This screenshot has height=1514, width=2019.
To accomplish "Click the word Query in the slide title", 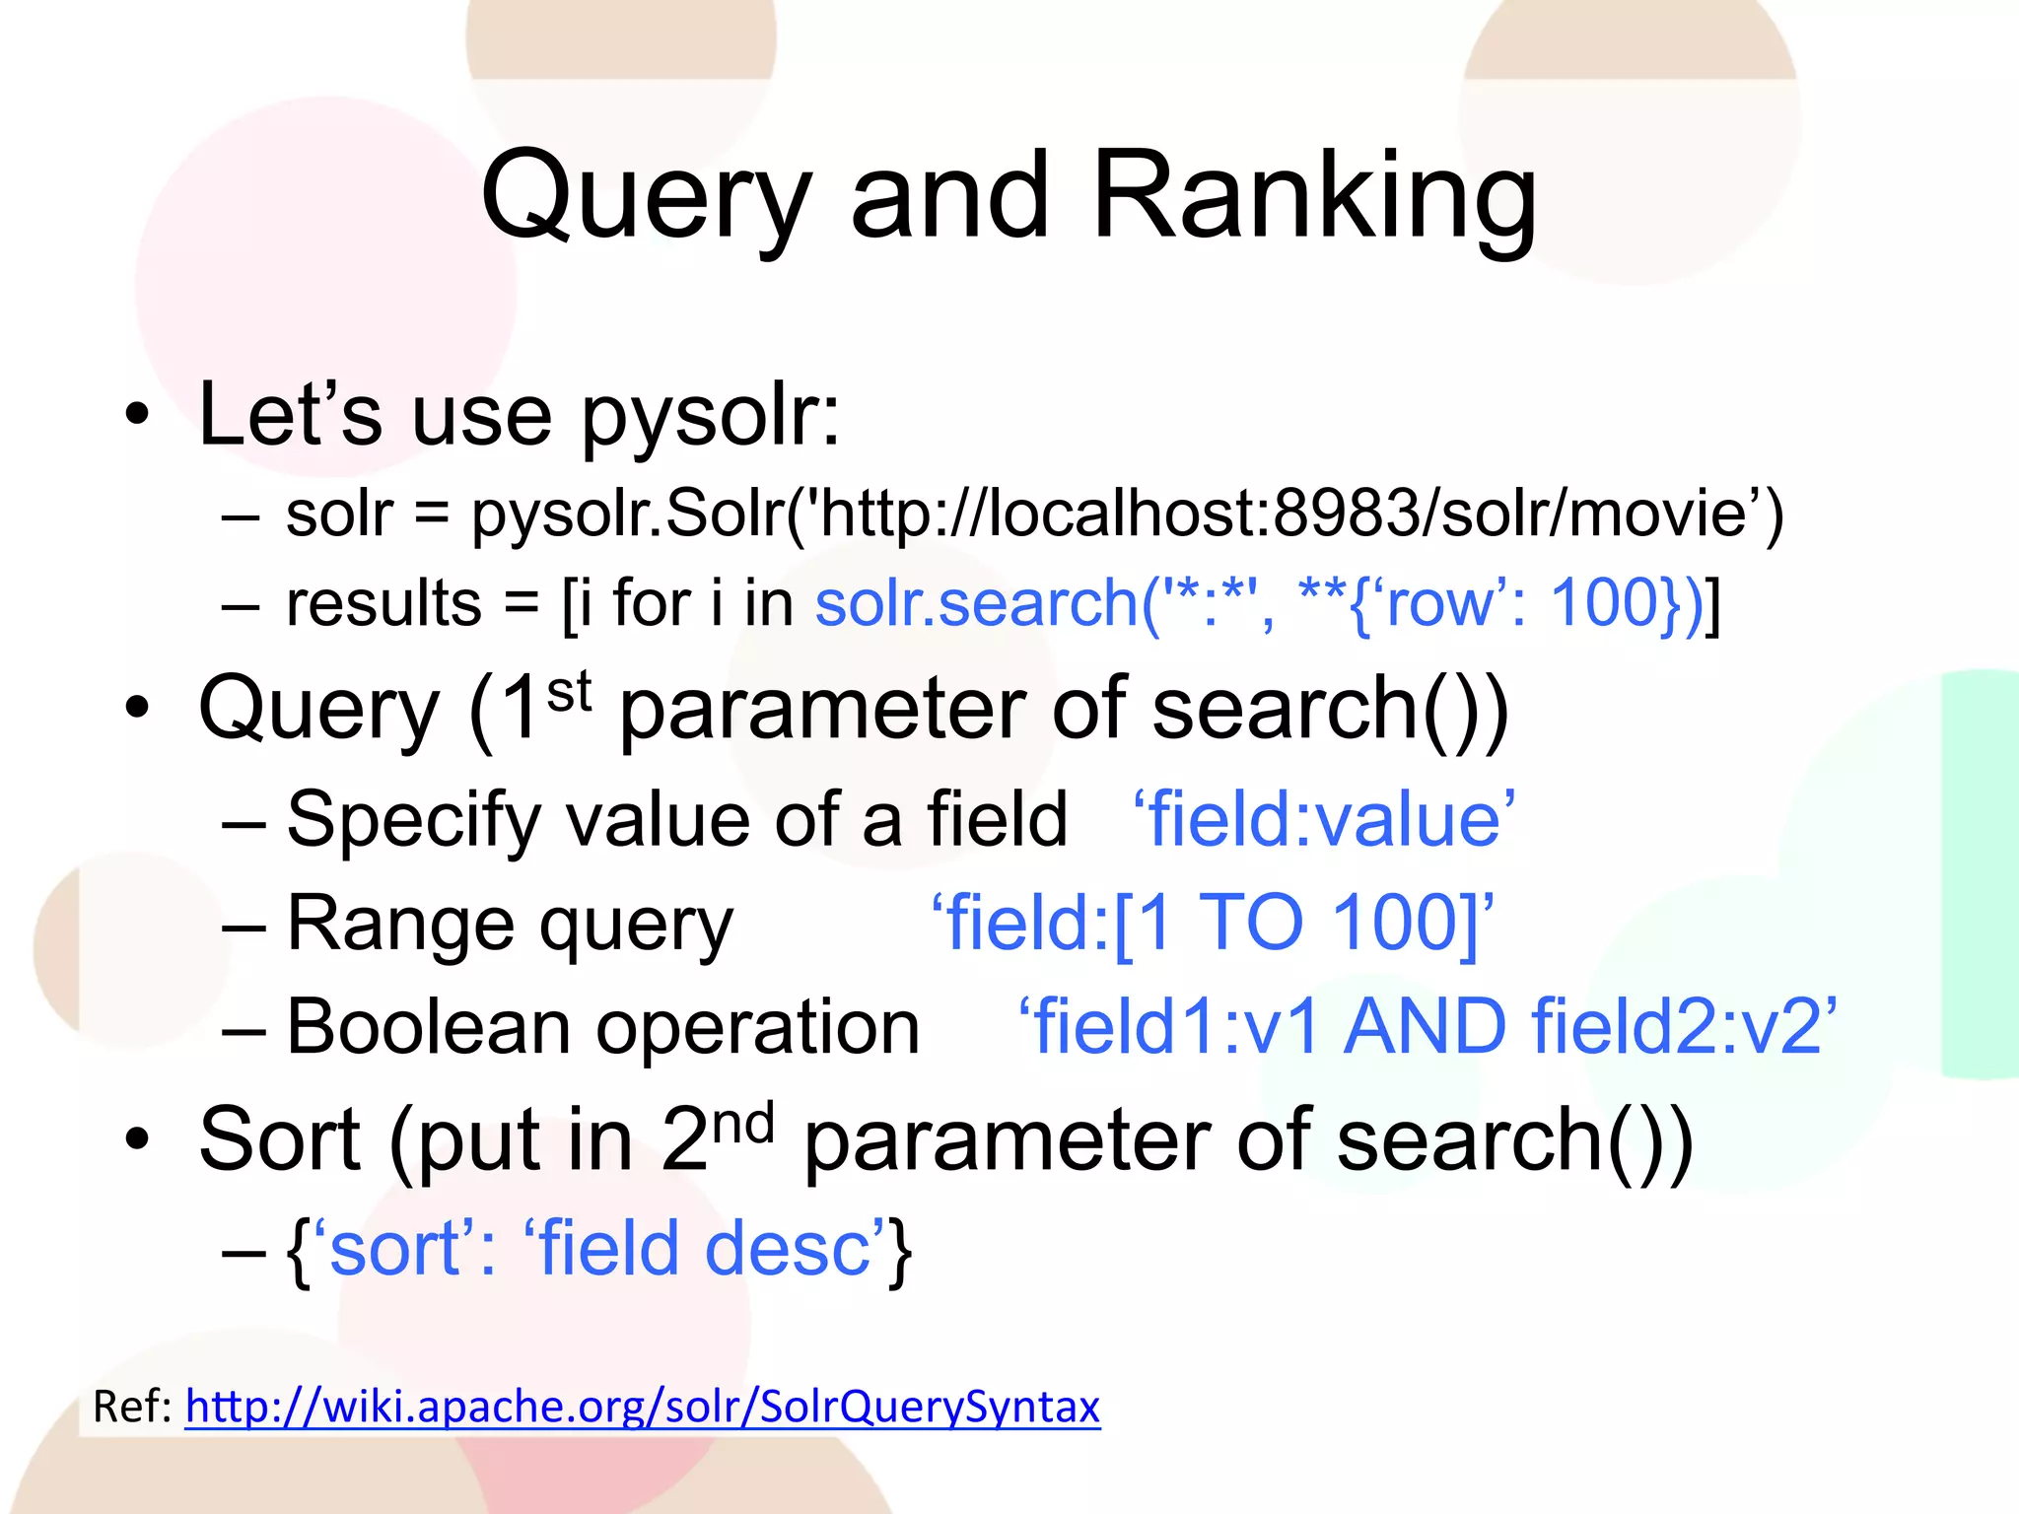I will pyautogui.click(x=646, y=197).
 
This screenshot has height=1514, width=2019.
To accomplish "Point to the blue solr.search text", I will pyautogui.click(x=976, y=603).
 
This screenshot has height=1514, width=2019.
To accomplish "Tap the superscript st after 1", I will pyautogui.click(x=569, y=691).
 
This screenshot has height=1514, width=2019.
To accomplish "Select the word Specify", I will pyautogui.click(x=414, y=820).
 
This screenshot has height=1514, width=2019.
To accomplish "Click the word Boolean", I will pyautogui.click(x=428, y=1027).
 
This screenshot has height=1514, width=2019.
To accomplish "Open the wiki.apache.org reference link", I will pyautogui.click(x=642, y=1407).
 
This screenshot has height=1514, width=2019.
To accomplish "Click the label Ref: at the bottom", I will pyautogui.click(x=132, y=1407).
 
